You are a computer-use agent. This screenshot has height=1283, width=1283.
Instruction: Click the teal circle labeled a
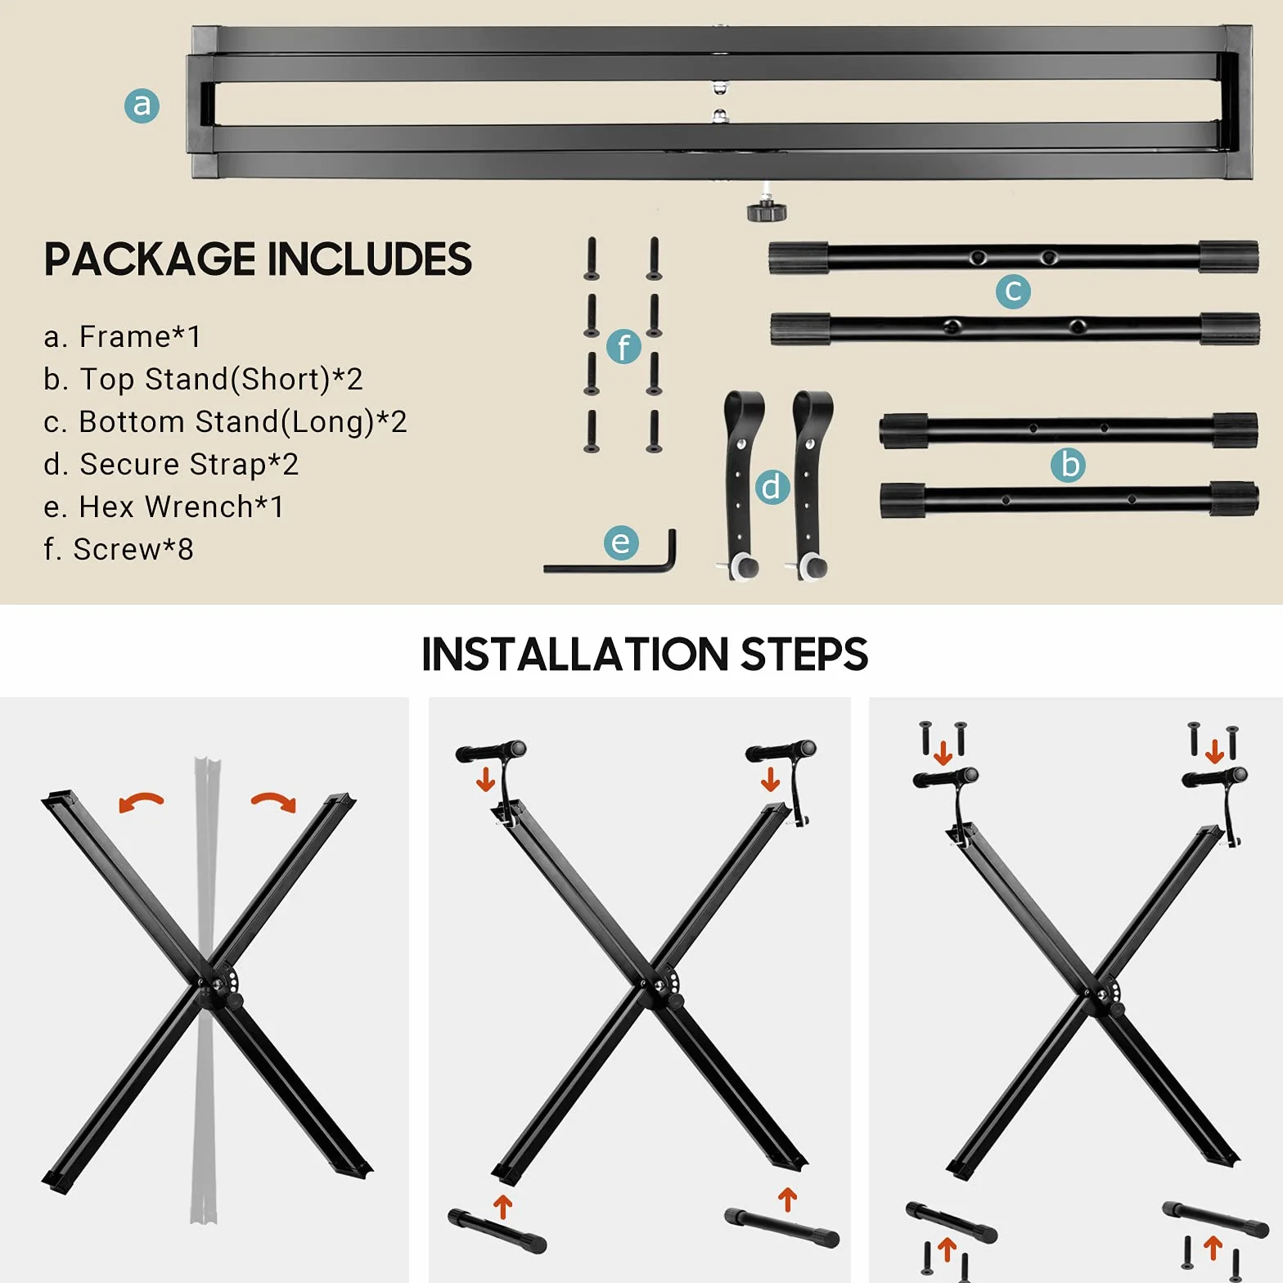click(142, 106)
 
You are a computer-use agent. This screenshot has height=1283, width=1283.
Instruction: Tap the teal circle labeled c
click(1013, 290)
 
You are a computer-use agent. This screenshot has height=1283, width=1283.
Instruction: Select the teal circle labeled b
click(1069, 465)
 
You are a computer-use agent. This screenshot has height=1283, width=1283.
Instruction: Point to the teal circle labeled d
click(771, 487)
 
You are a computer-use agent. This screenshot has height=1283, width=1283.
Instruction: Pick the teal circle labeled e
click(621, 542)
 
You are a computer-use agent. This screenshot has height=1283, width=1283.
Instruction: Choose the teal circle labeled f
click(623, 346)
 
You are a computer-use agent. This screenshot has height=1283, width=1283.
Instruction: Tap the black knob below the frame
click(767, 211)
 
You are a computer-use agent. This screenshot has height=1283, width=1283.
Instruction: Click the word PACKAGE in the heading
click(150, 259)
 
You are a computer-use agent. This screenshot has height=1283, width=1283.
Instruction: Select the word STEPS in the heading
click(804, 655)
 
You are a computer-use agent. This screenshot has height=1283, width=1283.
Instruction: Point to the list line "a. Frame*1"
click(122, 336)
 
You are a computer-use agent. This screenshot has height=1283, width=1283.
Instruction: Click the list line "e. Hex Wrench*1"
click(164, 506)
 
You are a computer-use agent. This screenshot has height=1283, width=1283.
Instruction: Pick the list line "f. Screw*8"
click(119, 549)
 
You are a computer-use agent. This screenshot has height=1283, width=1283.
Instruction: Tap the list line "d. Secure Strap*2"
click(171, 464)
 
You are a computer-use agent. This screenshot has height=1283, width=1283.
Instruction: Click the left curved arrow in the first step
click(141, 802)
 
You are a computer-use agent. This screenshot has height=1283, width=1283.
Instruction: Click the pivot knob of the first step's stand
click(234, 1000)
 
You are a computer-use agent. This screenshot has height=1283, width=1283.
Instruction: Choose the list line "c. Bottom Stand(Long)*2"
click(225, 421)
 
